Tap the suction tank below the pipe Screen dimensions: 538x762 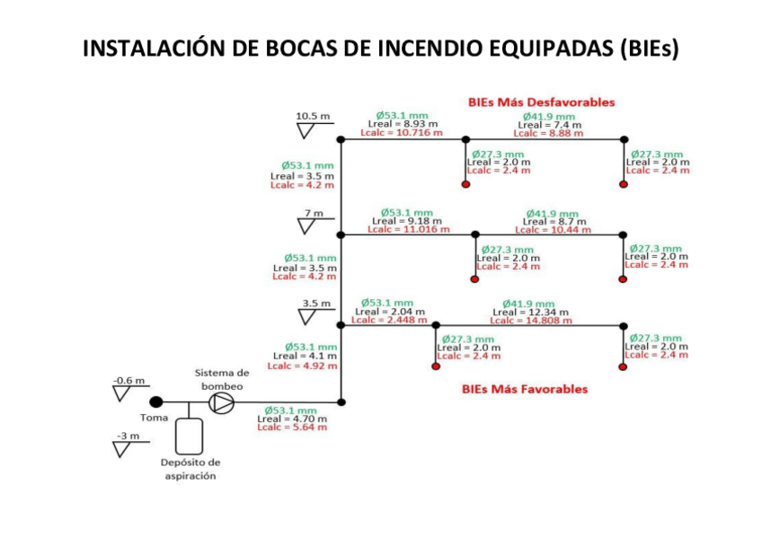pos(189,434)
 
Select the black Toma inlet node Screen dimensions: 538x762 pos(156,402)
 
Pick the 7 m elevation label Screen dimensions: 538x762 pos(313,213)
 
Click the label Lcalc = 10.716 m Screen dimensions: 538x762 pos(401,133)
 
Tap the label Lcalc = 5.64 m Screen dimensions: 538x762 pos(291,428)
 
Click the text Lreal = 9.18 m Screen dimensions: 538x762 pos(406,221)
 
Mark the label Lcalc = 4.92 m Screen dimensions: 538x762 pos(302,366)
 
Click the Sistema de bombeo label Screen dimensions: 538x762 pos(222,379)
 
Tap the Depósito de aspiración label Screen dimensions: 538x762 pos(190,469)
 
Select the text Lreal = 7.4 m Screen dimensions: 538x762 pos(549,125)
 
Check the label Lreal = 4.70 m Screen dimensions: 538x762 pos(291,419)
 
